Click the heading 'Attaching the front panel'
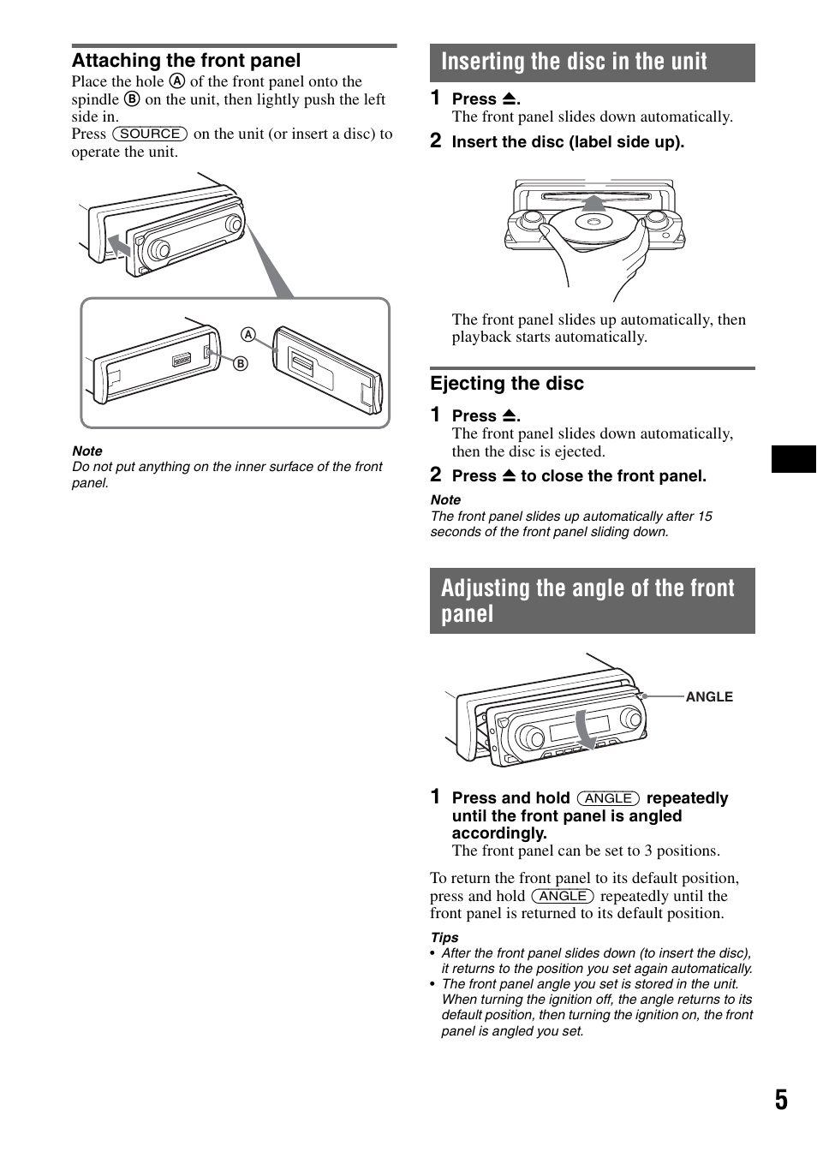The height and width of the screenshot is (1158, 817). tap(186, 61)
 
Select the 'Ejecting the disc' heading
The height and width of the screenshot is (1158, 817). tap(507, 384)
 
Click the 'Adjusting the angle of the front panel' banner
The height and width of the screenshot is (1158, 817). tap(591, 600)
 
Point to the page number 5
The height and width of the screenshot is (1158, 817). tap(780, 1101)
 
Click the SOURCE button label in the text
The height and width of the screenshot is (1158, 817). tap(150, 134)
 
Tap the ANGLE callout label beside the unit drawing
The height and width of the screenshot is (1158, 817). tap(708, 697)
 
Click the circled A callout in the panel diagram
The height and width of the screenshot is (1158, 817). tap(248, 334)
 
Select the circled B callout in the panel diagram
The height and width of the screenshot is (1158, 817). tap(241, 364)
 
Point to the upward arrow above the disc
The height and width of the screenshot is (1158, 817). tap(593, 203)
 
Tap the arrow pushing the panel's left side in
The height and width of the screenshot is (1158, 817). tap(119, 248)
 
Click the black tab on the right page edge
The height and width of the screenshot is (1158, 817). tap(793, 459)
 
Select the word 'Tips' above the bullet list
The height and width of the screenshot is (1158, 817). tap(444, 938)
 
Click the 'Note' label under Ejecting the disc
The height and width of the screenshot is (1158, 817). tap(445, 500)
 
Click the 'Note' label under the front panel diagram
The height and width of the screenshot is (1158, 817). tap(87, 451)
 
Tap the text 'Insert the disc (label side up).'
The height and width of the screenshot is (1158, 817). tap(568, 142)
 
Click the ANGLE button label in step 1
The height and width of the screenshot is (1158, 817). tap(608, 798)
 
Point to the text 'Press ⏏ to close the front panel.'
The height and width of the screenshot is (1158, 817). tap(579, 476)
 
